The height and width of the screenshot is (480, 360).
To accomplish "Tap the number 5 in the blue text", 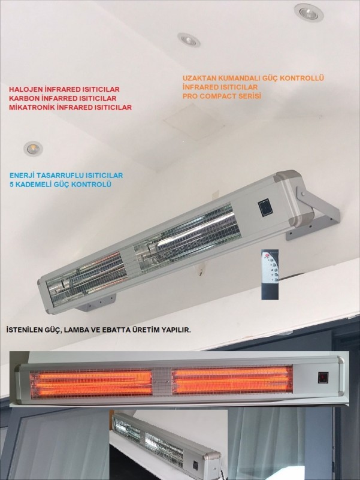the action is (11, 185).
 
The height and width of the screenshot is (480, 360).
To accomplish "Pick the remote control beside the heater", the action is (270, 274).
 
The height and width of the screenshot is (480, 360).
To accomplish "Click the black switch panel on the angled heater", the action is (265, 207).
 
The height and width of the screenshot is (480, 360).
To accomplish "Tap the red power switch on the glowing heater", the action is (323, 378).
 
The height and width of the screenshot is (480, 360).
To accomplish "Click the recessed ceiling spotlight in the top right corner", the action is (308, 13).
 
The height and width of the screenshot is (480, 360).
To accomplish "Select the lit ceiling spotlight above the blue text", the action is (33, 149).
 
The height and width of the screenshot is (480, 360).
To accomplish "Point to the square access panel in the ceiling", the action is (193, 121).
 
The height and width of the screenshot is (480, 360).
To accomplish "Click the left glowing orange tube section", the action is (91, 384).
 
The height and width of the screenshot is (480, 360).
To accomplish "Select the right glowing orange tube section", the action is (232, 380).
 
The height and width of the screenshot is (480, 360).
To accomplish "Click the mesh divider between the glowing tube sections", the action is (162, 382).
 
